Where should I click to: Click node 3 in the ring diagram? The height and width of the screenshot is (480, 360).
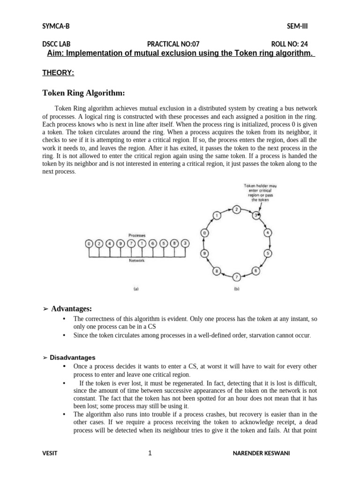click(x=256, y=215)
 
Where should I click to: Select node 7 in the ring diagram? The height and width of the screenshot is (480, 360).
click(x=237, y=277)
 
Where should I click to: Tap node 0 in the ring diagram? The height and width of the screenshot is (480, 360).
click(x=204, y=232)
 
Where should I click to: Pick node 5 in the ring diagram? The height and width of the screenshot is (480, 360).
click(x=269, y=254)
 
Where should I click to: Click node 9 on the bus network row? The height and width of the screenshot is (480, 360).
click(x=120, y=243)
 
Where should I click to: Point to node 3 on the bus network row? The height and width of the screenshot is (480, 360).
click(x=185, y=243)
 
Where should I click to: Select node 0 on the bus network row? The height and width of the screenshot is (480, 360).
click(x=88, y=243)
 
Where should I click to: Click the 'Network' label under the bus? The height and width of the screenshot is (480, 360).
click(x=136, y=260)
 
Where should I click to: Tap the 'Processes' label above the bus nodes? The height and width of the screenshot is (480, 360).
click(x=136, y=235)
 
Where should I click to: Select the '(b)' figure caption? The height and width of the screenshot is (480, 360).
click(x=237, y=289)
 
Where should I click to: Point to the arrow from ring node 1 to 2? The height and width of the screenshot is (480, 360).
click(x=227, y=210)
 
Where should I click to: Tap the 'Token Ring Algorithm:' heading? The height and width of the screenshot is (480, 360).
click(x=83, y=93)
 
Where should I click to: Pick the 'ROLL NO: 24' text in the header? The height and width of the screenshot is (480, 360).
click(x=289, y=45)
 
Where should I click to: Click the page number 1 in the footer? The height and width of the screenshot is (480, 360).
click(x=150, y=453)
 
